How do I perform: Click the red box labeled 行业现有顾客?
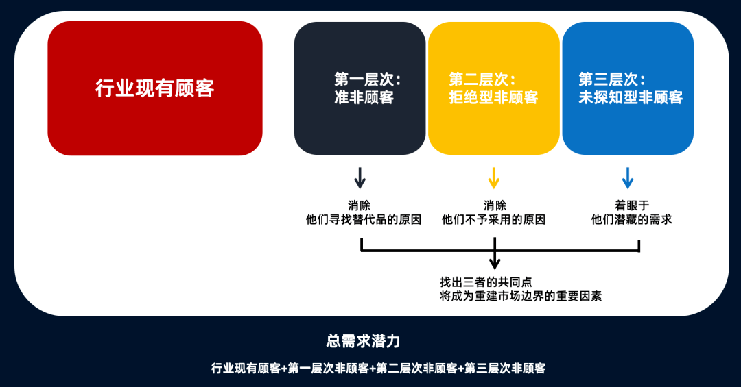[155, 88]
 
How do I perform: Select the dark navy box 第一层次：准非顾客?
[360, 88]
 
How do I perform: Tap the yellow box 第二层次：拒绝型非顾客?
[494, 88]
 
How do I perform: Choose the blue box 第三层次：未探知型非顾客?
[628, 88]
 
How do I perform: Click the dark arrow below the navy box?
[360, 178]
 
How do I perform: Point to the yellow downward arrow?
[494, 178]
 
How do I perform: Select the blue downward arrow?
[628, 178]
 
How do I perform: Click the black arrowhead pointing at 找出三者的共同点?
[495, 263]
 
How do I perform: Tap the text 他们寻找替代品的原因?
[364, 219]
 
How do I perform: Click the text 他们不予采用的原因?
[493, 219]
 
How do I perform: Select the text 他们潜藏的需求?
[631, 219]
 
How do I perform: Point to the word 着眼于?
[632, 205]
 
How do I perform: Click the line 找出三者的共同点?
[486, 282]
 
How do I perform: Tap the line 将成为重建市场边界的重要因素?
[521, 297]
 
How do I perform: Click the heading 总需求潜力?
[363, 340]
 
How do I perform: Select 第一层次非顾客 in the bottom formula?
[329, 368]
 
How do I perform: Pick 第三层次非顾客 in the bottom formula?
[505, 368]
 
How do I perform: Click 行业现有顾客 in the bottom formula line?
[246, 368]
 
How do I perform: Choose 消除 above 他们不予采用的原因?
[495, 205]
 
